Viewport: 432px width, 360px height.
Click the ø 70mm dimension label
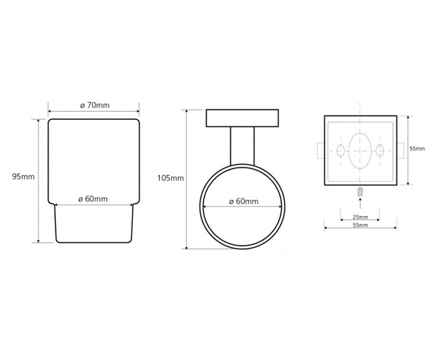[x=95, y=105]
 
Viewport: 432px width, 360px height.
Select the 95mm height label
[x=23, y=177]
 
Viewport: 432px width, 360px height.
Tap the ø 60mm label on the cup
[x=93, y=199]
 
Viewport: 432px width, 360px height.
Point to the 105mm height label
[x=171, y=178]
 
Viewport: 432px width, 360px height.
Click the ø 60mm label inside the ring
[x=244, y=201]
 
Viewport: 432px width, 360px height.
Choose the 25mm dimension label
[x=360, y=217]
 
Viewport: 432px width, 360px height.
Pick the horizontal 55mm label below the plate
[x=360, y=225]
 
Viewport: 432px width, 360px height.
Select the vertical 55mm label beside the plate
[x=417, y=149]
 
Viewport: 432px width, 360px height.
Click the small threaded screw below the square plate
[x=360, y=192]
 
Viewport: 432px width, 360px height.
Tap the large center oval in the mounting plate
[x=360, y=150]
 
